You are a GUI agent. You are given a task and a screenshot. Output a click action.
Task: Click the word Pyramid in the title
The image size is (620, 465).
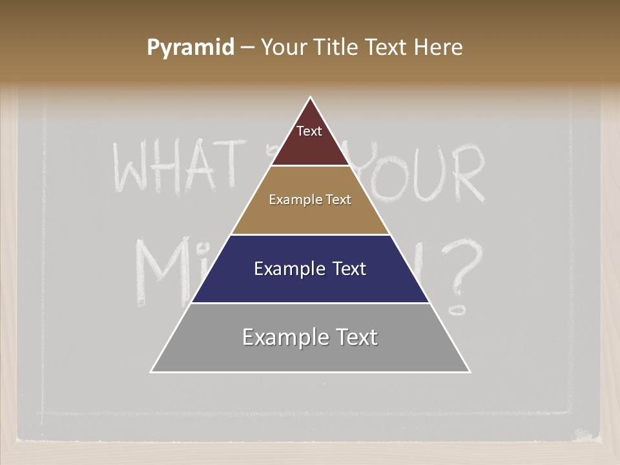[191, 48]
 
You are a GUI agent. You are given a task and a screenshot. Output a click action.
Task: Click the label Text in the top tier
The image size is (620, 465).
[309, 131]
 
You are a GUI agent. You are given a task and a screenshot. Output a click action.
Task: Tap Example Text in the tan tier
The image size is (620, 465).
[310, 200]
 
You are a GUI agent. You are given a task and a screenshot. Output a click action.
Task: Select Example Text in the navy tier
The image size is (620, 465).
[310, 269]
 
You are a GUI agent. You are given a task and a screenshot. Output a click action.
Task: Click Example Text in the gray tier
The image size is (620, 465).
[310, 337]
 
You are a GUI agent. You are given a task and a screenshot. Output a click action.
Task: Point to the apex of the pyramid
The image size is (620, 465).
[311, 98]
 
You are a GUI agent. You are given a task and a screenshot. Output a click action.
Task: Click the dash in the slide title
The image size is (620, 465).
[247, 48]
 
